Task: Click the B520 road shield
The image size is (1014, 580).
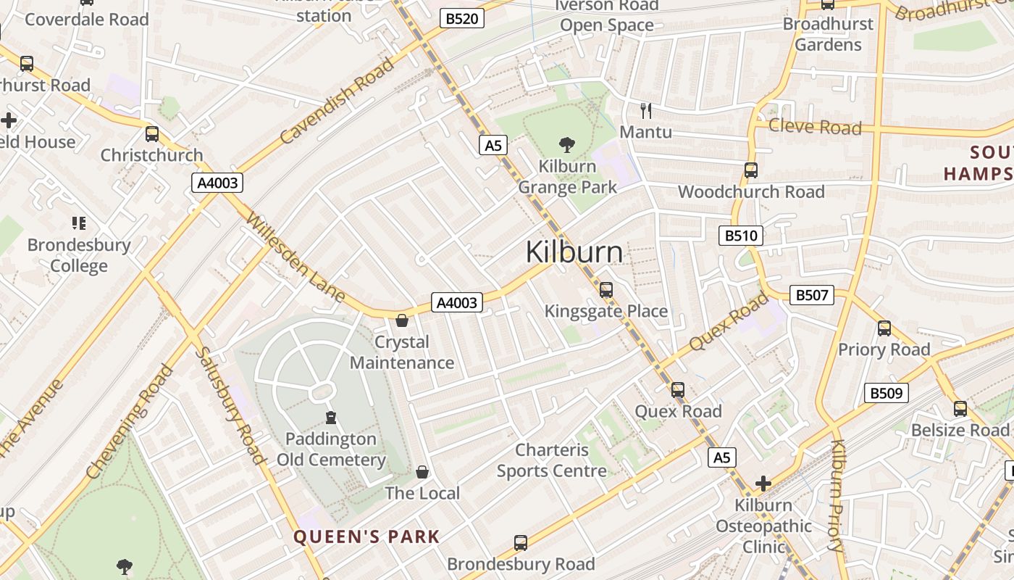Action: (x=461, y=18)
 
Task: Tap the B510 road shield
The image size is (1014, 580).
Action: (x=741, y=235)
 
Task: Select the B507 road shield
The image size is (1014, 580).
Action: (x=811, y=295)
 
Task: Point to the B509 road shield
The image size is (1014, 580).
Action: (x=886, y=393)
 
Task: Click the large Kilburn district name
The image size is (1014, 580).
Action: (x=574, y=252)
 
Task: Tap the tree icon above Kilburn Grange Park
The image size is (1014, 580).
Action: (x=567, y=145)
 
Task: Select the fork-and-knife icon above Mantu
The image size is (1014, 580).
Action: (x=646, y=111)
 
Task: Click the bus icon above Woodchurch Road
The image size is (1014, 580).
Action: (x=751, y=170)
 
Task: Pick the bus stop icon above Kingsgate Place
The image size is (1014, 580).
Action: (x=606, y=290)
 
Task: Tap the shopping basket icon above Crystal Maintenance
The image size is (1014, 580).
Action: (x=402, y=320)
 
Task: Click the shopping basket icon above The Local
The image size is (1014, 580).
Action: (x=422, y=473)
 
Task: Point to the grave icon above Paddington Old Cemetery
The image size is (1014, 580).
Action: (x=331, y=418)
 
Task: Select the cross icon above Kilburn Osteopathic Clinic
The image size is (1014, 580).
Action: (x=763, y=484)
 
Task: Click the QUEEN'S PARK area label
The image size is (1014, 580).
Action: (x=366, y=537)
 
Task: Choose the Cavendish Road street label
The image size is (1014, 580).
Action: (x=338, y=99)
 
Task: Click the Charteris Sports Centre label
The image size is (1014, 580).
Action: (x=552, y=460)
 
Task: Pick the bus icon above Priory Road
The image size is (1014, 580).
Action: (x=884, y=328)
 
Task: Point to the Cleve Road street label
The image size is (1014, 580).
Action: (x=815, y=127)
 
